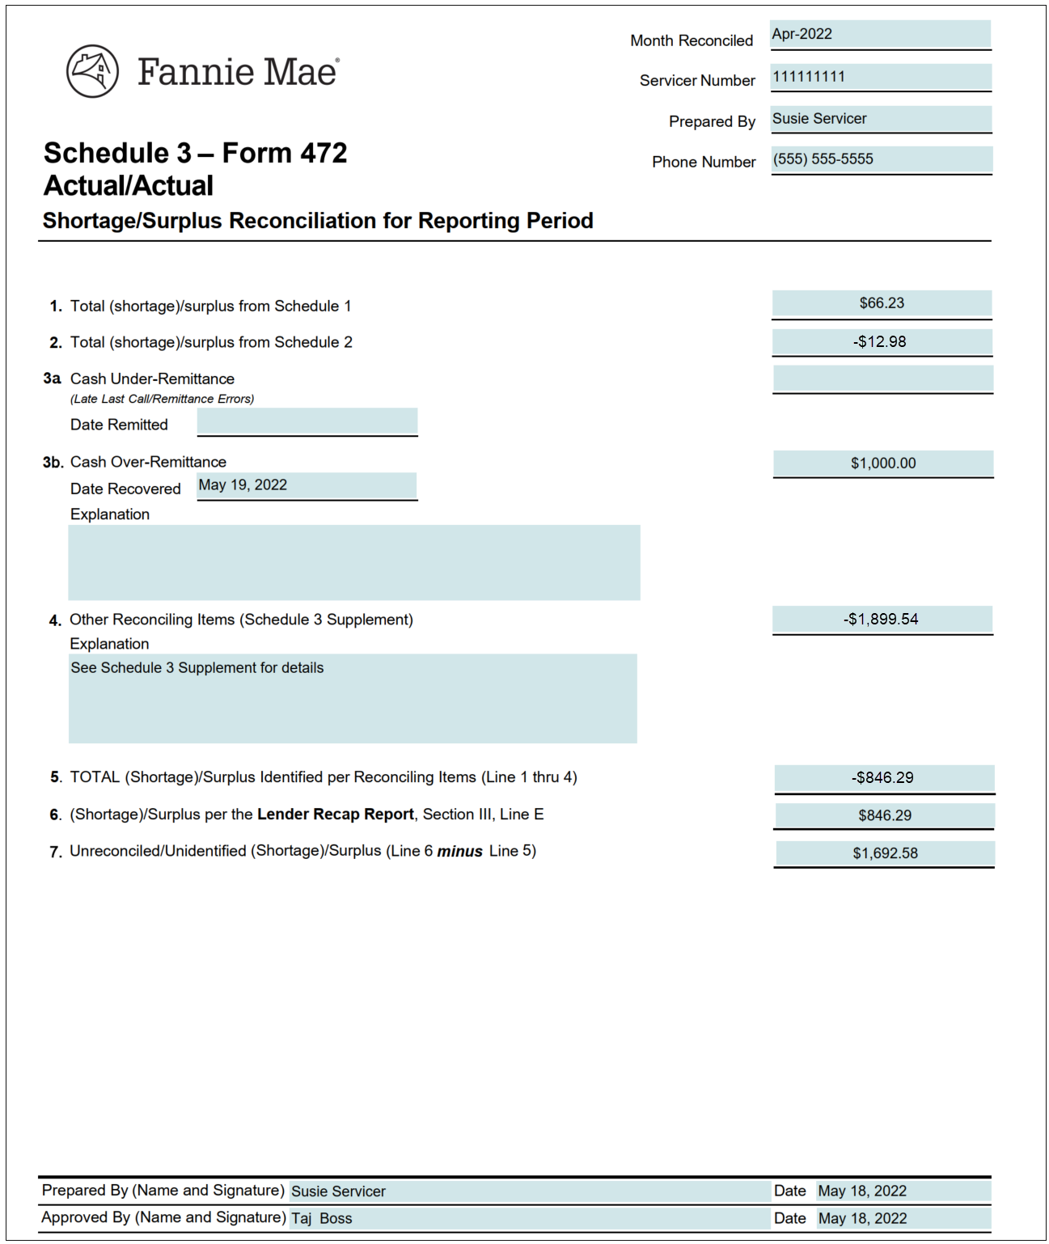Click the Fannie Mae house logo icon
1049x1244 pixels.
point(92,71)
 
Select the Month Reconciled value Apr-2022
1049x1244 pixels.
point(802,34)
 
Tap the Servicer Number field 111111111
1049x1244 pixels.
point(809,77)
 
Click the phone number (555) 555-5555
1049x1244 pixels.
point(823,159)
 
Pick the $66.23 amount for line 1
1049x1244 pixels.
point(882,303)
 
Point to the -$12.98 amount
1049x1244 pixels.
point(880,341)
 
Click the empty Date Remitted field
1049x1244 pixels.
point(307,422)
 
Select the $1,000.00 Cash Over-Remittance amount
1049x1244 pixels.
point(883,463)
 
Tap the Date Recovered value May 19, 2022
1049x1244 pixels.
point(243,485)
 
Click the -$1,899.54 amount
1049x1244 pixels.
point(882,620)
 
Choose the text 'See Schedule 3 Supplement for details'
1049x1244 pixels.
point(197,668)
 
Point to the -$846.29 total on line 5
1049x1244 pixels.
point(883,778)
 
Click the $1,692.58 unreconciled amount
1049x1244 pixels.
point(885,853)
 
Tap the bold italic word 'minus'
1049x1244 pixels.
point(459,852)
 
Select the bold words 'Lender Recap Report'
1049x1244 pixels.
point(335,815)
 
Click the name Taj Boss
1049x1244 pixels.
point(322,1219)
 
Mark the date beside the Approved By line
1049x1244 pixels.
point(862,1219)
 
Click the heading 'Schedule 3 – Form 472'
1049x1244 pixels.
point(196,153)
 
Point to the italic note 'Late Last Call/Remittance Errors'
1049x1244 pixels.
point(162,399)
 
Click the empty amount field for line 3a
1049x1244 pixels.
point(882,379)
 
